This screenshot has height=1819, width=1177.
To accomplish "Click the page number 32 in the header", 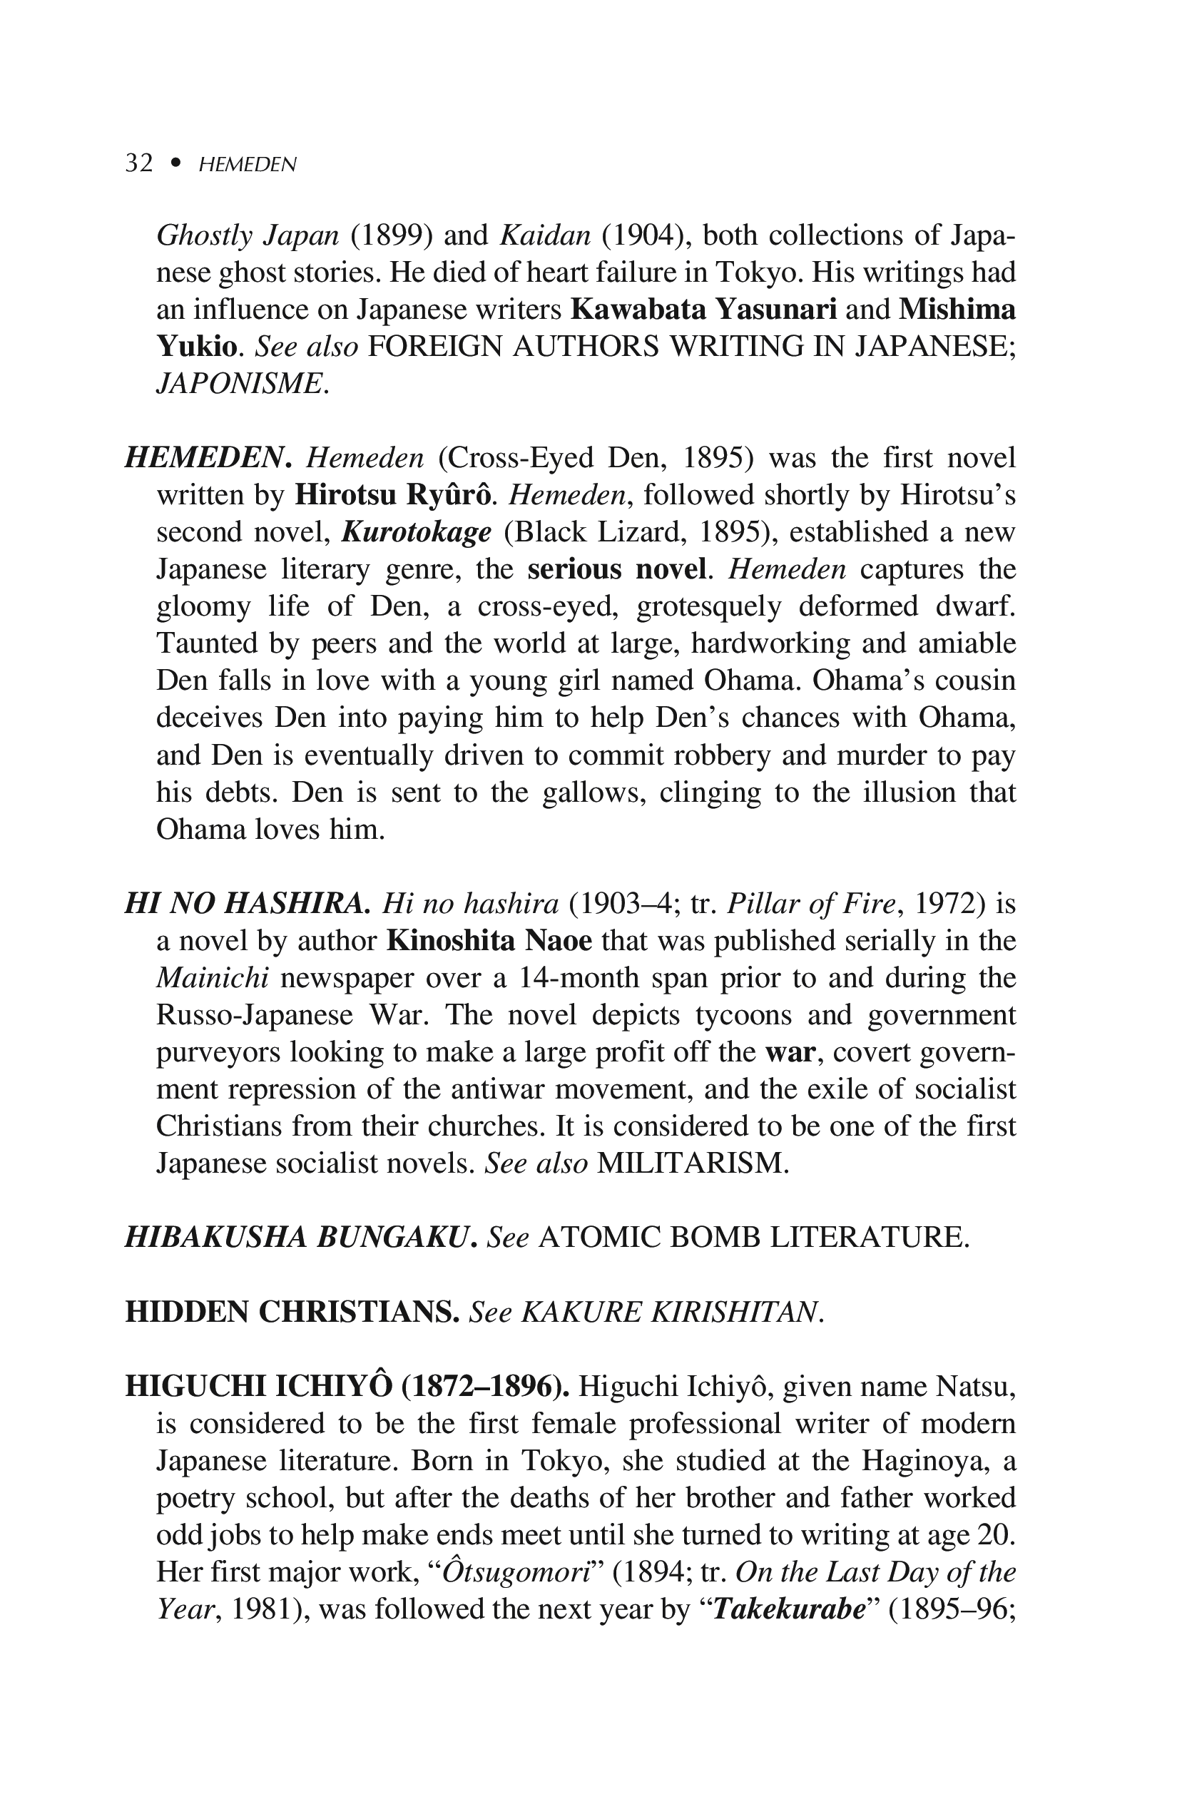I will pyautogui.click(x=139, y=163).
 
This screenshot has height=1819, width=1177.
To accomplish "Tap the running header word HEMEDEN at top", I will pyautogui.click(x=247, y=164).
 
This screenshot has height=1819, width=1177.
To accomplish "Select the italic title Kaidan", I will pyautogui.click(x=545, y=235).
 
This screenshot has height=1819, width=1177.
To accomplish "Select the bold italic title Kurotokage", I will pyautogui.click(x=416, y=532).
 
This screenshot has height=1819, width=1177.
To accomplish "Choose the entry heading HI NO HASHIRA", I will pyautogui.click(x=247, y=905).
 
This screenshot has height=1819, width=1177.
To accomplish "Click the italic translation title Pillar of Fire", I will pyautogui.click(x=810, y=905).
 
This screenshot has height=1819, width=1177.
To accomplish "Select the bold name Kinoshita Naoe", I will pyautogui.click(x=489, y=941).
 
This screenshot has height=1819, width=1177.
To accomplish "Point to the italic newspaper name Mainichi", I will pyautogui.click(x=205, y=978).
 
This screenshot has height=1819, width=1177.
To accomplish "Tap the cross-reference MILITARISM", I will pyautogui.click(x=692, y=1163).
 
